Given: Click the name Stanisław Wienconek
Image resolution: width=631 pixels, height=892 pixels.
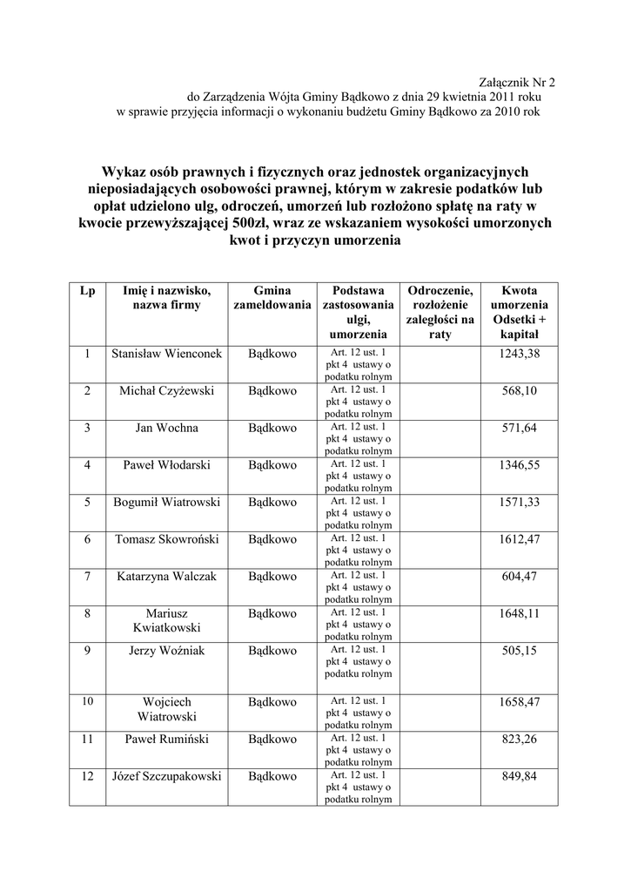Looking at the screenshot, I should [166, 354].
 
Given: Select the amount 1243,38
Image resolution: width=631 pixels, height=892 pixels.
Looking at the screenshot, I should [520, 354].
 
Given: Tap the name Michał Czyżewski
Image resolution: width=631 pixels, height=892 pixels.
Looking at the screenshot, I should [166, 391].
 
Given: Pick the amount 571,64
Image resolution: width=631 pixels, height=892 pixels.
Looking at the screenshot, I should [520, 428].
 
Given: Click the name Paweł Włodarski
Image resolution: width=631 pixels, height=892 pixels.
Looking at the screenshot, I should [166, 465].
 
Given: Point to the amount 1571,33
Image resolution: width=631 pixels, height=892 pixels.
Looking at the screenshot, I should [520, 503].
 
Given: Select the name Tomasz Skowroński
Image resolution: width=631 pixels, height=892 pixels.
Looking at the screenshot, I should [166, 539].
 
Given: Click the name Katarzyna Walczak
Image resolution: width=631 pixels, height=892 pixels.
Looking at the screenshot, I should [166, 577].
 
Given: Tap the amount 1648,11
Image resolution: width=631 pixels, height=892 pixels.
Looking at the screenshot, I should [520, 613].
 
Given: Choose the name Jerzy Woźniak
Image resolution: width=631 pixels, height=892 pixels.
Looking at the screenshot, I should [166, 651].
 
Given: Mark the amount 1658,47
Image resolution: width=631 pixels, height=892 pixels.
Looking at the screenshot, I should [520, 701].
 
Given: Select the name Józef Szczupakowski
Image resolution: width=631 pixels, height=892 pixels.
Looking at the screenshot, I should [166, 776].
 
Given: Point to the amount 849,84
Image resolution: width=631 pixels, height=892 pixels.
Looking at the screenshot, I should [520, 776].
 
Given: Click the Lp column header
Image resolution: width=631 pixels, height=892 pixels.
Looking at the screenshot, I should [87, 291].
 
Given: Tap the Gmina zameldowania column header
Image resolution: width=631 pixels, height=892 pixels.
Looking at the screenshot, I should [272, 298].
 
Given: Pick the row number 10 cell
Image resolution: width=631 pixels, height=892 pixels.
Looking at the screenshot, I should [87, 701].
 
